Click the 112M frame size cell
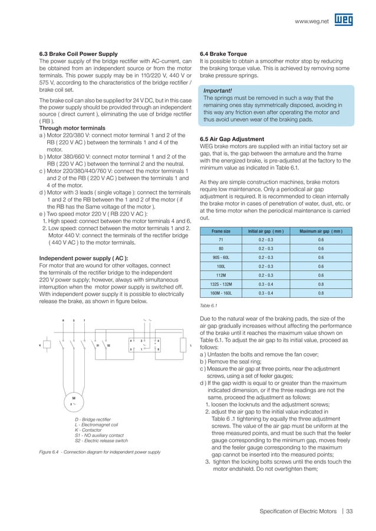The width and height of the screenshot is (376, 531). (x=221, y=275)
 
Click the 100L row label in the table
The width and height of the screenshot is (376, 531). (x=221, y=266)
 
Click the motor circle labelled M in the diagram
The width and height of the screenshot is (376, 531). (x=73, y=399)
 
